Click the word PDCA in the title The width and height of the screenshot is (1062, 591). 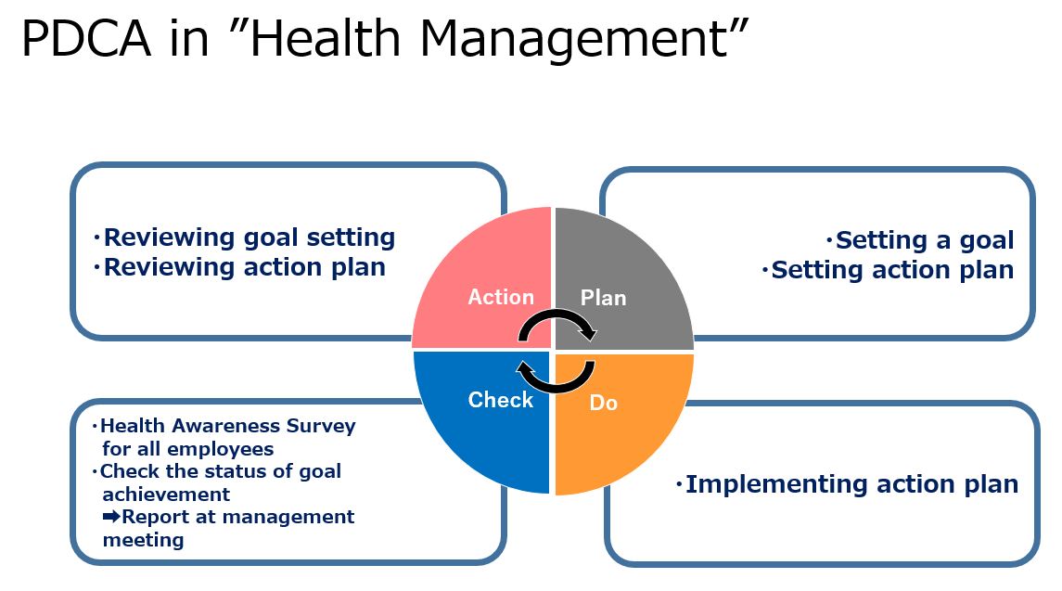tap(86, 38)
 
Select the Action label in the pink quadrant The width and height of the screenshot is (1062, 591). tap(501, 297)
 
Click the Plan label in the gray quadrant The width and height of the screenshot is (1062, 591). tap(604, 298)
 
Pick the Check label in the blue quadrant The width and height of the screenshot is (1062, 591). tap(501, 400)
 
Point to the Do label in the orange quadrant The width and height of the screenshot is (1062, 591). tap(604, 403)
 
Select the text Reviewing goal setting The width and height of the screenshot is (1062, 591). tap(250, 238)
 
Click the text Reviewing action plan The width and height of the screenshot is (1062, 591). tap(245, 268)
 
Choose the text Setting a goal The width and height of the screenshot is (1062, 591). tap(925, 240)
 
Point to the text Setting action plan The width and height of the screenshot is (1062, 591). tap(892, 270)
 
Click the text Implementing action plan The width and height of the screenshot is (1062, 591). tap(852, 484)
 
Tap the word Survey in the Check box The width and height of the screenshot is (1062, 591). tap(320, 426)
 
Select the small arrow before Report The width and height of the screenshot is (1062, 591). tap(111, 517)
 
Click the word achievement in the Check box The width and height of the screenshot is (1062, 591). tap(166, 495)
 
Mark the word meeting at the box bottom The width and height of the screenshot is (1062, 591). tap(143, 540)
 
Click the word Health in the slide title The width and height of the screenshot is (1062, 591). tap(326, 38)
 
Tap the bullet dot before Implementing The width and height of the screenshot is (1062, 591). tap(679, 484)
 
